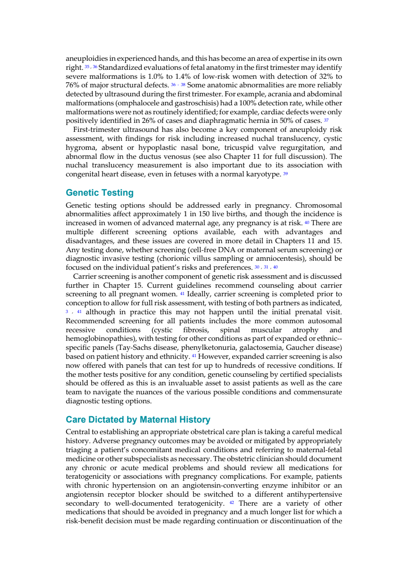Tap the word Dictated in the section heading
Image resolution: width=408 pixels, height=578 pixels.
106,420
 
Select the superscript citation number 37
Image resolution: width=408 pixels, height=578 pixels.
326,120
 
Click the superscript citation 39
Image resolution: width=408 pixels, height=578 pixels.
286,173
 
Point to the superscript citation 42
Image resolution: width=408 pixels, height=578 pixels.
232,502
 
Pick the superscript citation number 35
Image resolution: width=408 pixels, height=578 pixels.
87,66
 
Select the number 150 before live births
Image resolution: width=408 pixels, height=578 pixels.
204,214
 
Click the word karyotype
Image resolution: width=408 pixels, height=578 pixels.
267,174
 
